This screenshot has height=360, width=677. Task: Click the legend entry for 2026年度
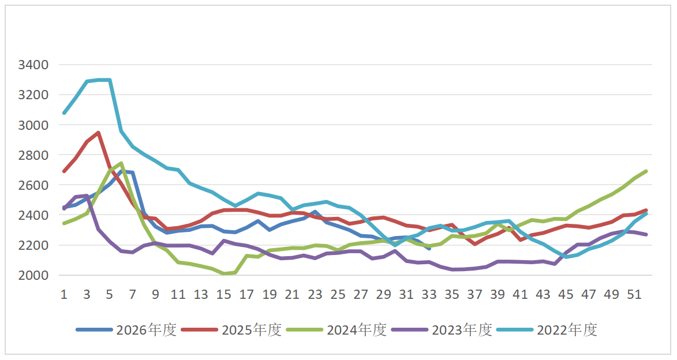(126, 330)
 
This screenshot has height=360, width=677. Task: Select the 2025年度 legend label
(231, 330)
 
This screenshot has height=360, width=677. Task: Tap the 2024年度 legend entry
(337, 330)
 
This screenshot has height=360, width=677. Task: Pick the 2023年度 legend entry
(442, 330)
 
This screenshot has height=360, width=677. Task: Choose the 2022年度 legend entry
(547, 330)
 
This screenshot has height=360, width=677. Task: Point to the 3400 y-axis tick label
(33, 65)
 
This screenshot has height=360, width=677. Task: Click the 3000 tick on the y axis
(33, 125)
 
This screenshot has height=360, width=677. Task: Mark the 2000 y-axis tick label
(33, 275)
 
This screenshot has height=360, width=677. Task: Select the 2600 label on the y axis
(33, 185)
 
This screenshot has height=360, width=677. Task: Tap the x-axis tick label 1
(64, 294)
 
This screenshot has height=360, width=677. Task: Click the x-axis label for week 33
(429, 294)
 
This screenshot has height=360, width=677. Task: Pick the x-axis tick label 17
(246, 294)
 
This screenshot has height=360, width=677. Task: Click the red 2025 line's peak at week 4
(99, 133)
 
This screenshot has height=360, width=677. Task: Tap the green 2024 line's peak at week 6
(121, 163)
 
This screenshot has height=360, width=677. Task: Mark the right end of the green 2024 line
(646, 171)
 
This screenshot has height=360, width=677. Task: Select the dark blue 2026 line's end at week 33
(429, 249)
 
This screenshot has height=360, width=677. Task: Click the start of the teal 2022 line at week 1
(64, 113)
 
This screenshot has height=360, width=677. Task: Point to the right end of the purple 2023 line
(646, 234)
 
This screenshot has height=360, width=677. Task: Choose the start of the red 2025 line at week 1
(64, 171)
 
